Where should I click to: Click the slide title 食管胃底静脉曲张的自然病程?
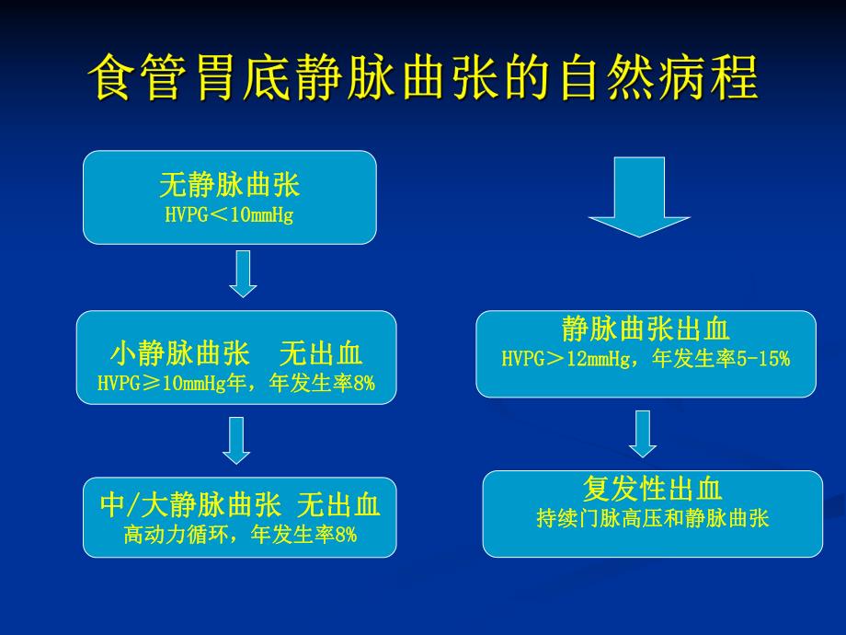(423, 78)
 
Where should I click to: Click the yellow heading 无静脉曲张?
(230, 186)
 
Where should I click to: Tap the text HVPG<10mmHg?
(230, 217)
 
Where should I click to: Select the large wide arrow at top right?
(640, 196)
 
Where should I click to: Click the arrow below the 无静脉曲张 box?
(242, 274)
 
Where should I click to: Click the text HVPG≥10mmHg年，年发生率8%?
(236, 383)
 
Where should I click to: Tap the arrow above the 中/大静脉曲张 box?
(236, 440)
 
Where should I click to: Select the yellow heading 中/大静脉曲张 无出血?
(239, 504)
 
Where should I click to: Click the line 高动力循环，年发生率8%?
(239, 535)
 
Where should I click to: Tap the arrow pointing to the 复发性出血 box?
(644, 433)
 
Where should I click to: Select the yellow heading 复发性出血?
(652, 489)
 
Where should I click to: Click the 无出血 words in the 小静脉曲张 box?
(321, 354)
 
